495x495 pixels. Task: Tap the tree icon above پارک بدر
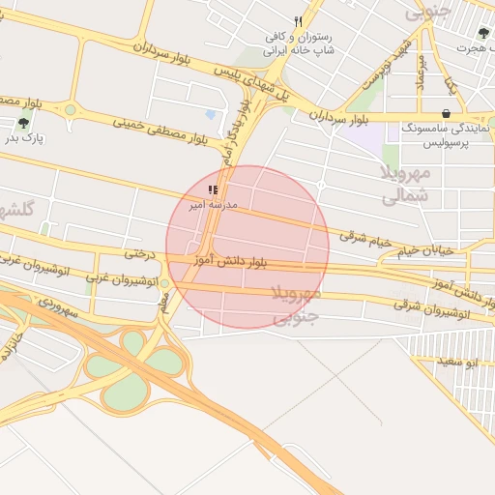(22, 123)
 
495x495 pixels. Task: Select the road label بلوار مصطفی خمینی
(160, 131)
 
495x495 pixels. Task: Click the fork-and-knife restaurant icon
(299, 21)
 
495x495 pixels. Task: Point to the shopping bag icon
(445, 113)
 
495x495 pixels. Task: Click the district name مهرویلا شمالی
(404, 184)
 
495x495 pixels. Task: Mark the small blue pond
(211, 114)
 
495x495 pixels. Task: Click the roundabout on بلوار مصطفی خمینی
(70, 109)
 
